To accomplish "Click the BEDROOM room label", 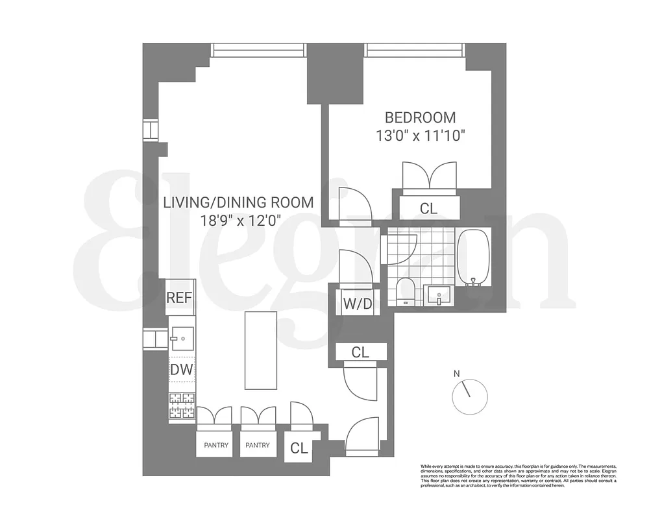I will point(420,117).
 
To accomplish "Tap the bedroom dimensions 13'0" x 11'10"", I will point(421,136).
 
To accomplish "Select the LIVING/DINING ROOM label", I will point(238,202).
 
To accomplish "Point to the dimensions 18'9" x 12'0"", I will point(239,220).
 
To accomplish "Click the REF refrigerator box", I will point(180,298).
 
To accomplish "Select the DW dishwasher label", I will point(182,370).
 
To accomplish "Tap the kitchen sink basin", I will point(182,336).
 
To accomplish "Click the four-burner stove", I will point(182,407).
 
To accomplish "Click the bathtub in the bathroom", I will point(474,258).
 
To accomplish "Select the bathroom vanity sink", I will point(439,295).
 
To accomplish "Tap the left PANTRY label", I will point(215,446).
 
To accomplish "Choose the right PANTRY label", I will point(258,446).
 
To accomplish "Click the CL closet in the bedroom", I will point(428,209).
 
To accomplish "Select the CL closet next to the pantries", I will point(299,448).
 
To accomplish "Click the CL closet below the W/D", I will point(360,352).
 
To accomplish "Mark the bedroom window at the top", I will point(415,49).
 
